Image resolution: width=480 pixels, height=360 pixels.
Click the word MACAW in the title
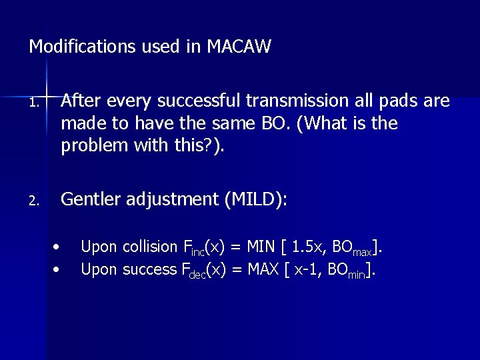click(239, 47)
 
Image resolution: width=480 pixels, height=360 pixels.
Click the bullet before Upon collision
click(58, 247)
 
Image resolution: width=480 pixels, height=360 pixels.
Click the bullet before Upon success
click(58, 269)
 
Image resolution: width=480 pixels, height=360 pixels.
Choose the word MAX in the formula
click(263, 269)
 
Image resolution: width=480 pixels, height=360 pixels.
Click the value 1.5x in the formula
click(309, 247)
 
